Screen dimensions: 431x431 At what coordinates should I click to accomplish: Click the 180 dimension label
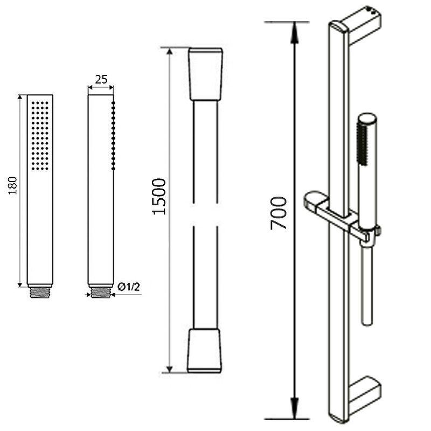(x=12, y=186)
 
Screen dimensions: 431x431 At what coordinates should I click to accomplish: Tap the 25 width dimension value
(x=101, y=79)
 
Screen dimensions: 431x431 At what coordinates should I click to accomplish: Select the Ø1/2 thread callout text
(x=129, y=287)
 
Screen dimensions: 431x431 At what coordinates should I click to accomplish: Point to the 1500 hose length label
(x=159, y=197)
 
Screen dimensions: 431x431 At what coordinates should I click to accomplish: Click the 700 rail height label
(x=279, y=213)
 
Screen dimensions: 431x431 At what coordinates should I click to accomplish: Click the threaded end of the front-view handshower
(x=40, y=293)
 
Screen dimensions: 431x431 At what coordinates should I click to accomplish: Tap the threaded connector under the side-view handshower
(x=101, y=293)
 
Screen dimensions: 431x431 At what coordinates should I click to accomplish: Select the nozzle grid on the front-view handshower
(x=40, y=136)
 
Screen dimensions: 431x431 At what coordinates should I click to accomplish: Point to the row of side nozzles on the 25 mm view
(x=113, y=136)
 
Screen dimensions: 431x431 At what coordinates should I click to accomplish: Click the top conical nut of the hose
(x=205, y=74)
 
